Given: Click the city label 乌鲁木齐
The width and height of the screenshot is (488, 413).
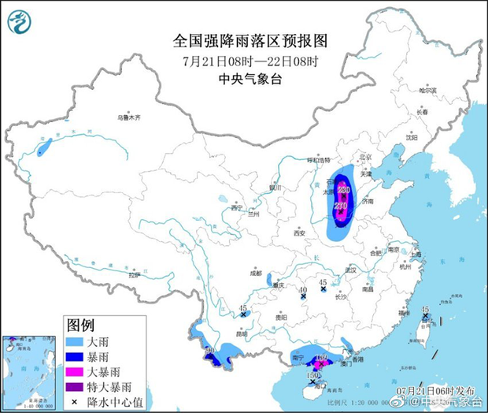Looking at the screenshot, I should point(128,117).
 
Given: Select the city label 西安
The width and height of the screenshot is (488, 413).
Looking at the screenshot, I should point(299,233).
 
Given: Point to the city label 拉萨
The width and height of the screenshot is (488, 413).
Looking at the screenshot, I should point(134,275).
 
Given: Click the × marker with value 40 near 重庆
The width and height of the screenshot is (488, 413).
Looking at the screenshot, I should point(303,298).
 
